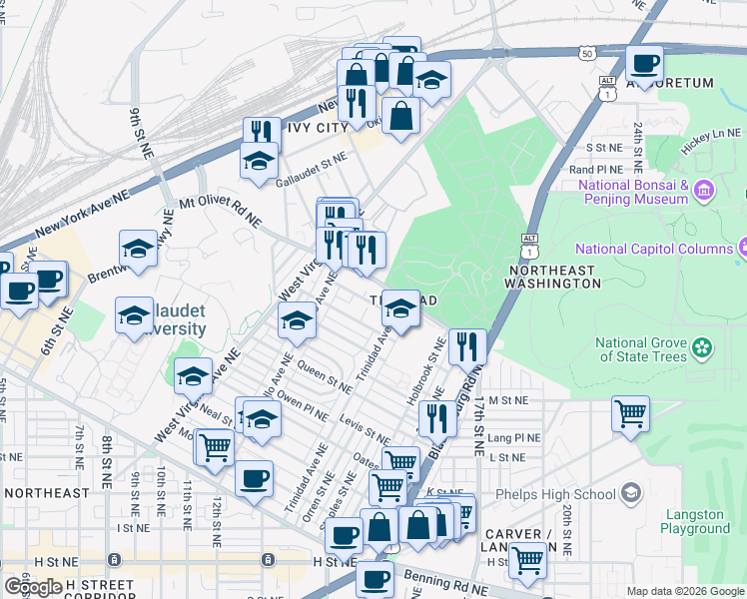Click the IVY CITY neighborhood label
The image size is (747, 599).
pos(311,128)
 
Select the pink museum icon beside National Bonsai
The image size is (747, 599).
pos(703,189)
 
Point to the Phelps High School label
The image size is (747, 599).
pos(564,494)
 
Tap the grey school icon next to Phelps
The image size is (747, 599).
pos(630,493)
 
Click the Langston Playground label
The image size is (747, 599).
pos(696,521)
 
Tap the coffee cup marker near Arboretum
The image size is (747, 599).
pos(644,64)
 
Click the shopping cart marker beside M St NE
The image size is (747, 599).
pos(630,412)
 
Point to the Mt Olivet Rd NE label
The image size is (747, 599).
pos(220,211)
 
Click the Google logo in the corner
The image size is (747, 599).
pos(32,587)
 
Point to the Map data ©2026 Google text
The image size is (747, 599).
pos(685,591)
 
